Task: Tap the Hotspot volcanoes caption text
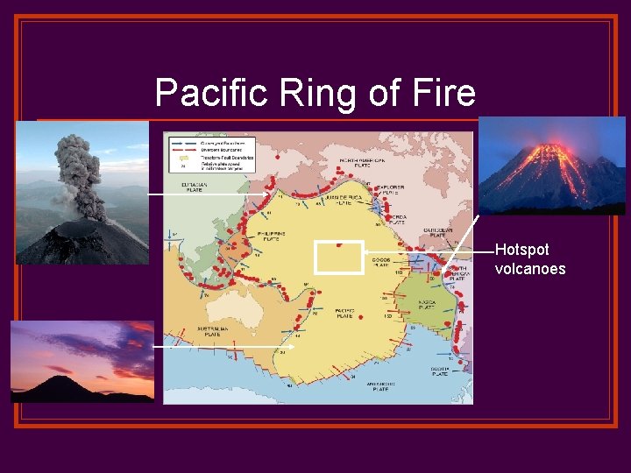click(529, 259)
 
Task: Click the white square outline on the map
click(338, 258)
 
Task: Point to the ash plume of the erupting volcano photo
click(79, 171)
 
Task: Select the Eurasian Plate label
click(195, 187)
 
